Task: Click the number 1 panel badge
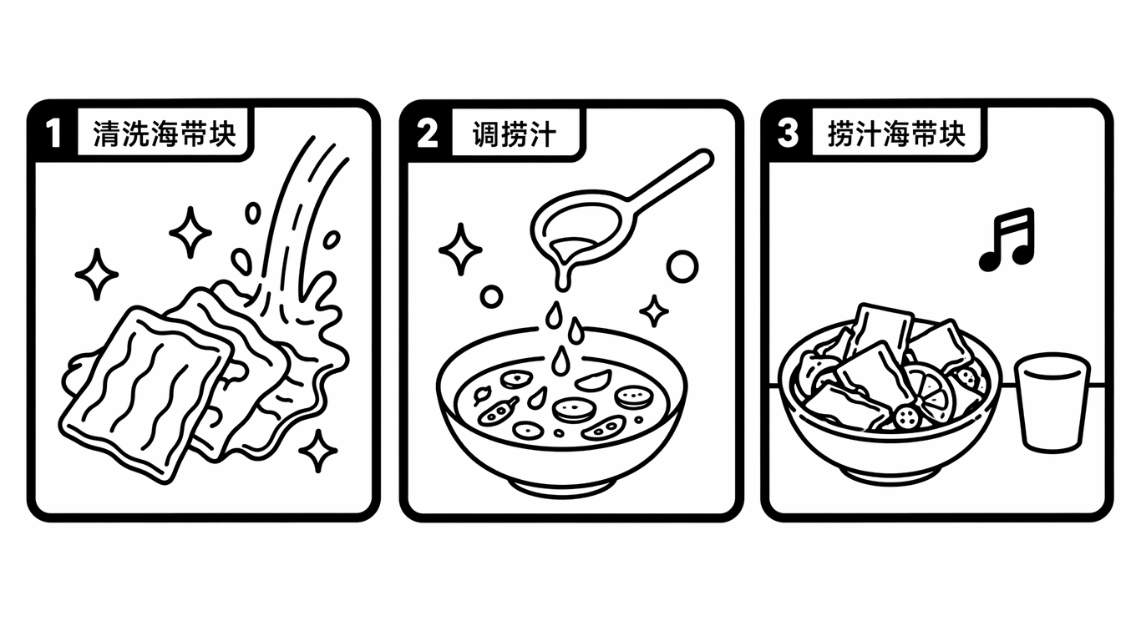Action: (53, 134)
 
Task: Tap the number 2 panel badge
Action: (427, 134)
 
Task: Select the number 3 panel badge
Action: (789, 134)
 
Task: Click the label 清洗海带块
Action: (165, 134)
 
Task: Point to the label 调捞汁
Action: (515, 134)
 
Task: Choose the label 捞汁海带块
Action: (896, 134)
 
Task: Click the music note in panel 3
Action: (1007, 240)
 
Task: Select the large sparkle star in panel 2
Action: (460, 250)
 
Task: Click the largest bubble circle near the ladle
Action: (682, 266)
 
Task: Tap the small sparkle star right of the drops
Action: (654, 310)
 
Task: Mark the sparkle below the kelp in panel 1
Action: (318, 451)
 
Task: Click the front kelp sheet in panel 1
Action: (146, 393)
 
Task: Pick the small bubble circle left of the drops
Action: (491, 296)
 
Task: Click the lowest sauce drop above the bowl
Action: (560, 361)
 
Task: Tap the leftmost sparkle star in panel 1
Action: (96, 274)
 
